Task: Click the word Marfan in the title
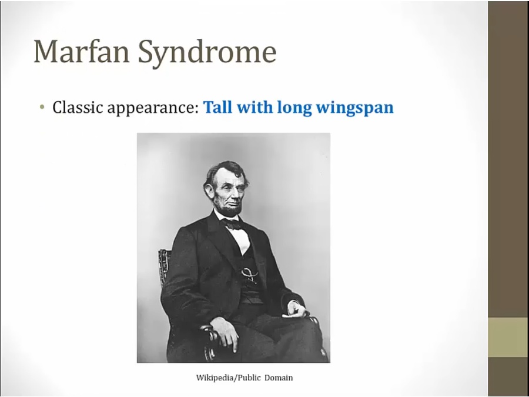(82, 51)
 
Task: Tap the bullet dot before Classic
(42, 107)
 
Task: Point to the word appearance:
(153, 109)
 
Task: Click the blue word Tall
(218, 107)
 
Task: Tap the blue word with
(255, 107)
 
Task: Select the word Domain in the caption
(279, 378)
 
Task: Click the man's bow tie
(233, 224)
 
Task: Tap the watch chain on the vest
(249, 273)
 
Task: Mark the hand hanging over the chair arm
(225, 333)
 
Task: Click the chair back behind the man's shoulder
(165, 266)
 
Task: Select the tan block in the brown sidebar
(508, 337)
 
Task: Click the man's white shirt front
(242, 239)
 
